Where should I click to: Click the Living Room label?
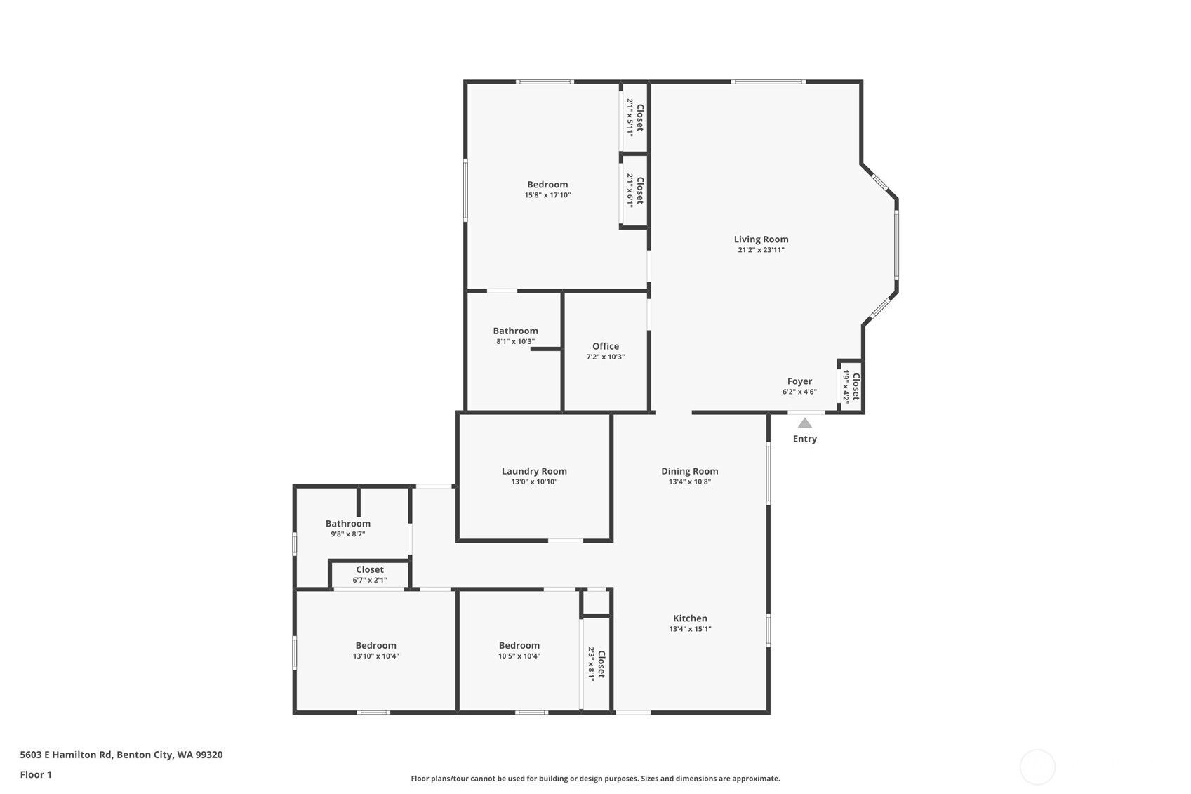(x=761, y=239)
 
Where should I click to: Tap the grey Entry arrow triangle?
(x=805, y=423)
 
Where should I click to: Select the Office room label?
(x=605, y=346)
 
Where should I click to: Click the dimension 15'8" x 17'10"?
(x=547, y=195)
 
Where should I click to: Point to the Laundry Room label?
(x=534, y=471)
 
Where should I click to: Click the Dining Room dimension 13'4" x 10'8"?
(x=689, y=482)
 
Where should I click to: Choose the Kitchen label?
(x=690, y=618)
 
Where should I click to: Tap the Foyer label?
(x=799, y=381)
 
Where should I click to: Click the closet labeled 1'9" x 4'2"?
(x=851, y=386)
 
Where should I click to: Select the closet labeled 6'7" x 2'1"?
(x=370, y=574)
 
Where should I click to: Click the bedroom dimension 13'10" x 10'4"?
(x=375, y=656)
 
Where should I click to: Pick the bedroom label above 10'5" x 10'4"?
(x=519, y=645)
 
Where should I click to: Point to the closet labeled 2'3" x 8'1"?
(x=597, y=664)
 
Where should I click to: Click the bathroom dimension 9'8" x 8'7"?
(x=347, y=534)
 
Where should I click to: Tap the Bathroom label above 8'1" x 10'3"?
(x=515, y=331)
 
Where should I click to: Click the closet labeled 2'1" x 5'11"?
(x=635, y=117)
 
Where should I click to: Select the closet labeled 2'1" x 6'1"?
(x=635, y=190)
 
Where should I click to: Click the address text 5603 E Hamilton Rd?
(x=66, y=755)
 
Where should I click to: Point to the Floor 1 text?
(x=36, y=774)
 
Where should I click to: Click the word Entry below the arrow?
(x=805, y=439)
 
